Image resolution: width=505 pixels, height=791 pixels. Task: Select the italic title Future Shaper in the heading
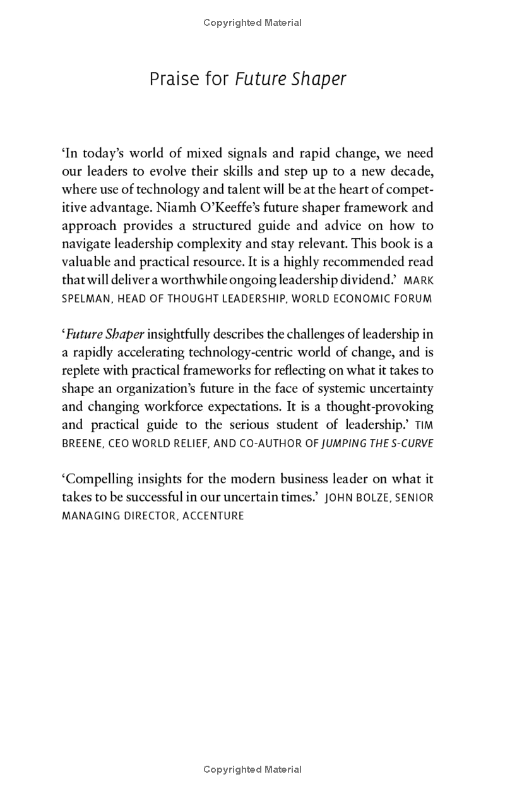pyautogui.click(x=290, y=80)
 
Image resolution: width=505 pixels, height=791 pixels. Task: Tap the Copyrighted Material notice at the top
pyautogui.click(x=252, y=23)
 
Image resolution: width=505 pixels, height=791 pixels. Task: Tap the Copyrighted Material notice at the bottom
pyautogui.click(x=252, y=770)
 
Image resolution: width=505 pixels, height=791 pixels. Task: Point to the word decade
pyautogui.click(x=411, y=171)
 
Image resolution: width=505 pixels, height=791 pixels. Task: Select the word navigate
pyautogui.click(x=86, y=243)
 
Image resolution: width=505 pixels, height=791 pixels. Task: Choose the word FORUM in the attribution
pyautogui.click(x=414, y=299)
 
